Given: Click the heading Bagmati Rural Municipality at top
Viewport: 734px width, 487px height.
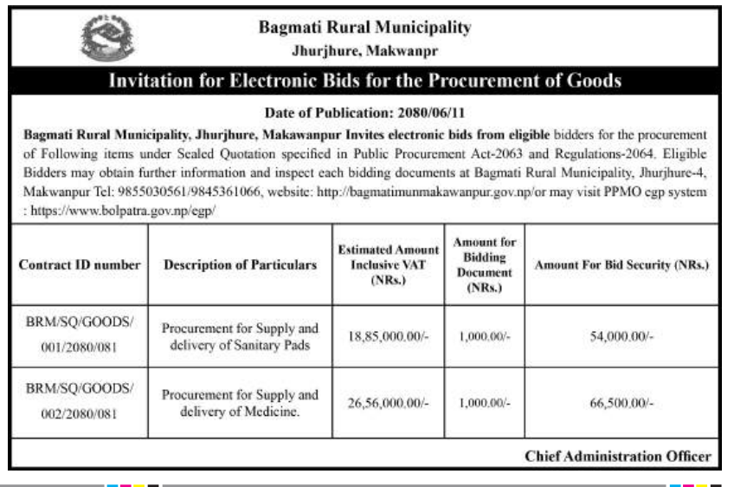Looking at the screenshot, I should tap(364, 28).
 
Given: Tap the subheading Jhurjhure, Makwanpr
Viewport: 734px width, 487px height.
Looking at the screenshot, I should tap(364, 51).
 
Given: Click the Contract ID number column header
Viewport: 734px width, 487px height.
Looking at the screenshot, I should tap(80, 265).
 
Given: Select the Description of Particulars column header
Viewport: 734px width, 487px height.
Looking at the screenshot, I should tap(240, 265).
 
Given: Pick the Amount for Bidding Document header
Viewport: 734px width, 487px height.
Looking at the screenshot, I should tap(484, 265).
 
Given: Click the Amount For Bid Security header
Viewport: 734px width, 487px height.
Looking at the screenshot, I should tap(621, 265).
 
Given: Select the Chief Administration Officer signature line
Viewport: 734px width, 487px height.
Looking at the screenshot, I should tap(617, 456).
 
